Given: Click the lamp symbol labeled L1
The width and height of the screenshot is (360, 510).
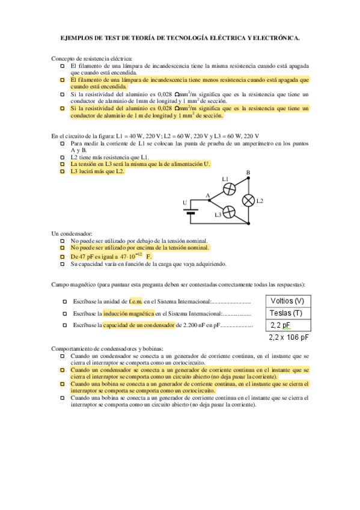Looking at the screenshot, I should [x=229, y=188].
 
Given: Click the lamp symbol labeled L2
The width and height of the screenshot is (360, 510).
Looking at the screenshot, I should [x=248, y=200].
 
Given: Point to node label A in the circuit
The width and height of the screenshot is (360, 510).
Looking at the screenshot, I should [x=207, y=196].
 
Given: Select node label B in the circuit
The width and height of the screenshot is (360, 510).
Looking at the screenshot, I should [x=248, y=173].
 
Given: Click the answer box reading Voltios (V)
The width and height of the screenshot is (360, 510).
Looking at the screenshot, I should [x=288, y=301].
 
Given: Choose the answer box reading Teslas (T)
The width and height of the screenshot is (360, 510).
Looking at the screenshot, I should [x=288, y=313].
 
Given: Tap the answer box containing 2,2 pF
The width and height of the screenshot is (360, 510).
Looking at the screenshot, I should [x=288, y=325].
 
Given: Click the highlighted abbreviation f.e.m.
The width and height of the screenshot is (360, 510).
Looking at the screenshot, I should [x=136, y=301].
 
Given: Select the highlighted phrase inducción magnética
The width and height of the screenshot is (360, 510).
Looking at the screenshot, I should [x=129, y=313].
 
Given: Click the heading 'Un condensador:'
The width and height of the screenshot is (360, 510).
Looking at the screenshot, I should [x=72, y=233].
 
